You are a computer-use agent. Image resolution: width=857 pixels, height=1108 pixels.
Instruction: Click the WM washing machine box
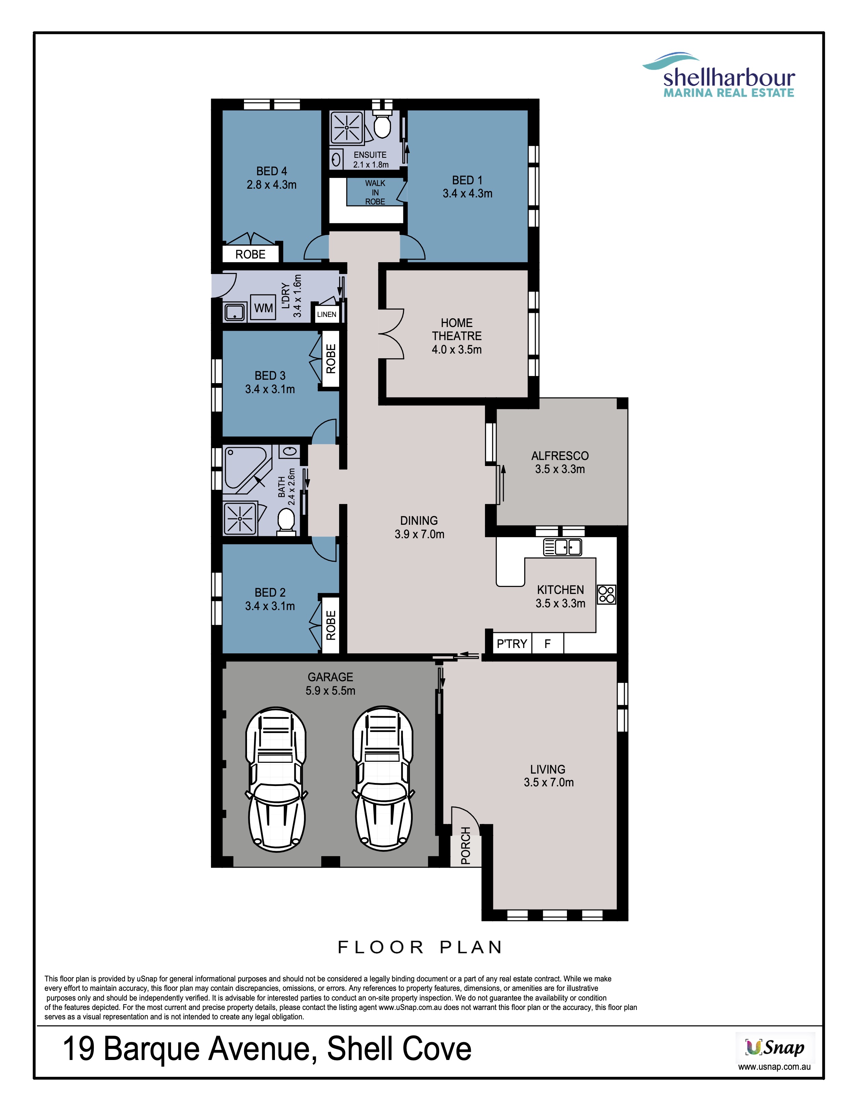(263, 308)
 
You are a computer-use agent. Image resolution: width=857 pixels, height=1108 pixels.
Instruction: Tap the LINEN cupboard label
(326, 315)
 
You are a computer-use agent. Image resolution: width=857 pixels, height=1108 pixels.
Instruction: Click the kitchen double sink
(563, 547)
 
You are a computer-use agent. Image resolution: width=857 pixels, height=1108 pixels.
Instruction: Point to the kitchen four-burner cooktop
(606, 594)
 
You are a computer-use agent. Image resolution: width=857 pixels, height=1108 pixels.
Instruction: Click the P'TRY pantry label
(512, 644)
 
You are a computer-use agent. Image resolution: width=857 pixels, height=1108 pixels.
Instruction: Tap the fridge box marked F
(547, 643)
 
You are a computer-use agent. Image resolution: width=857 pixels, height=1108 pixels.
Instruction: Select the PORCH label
(465, 846)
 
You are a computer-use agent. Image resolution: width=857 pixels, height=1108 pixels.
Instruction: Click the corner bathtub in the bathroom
(247, 469)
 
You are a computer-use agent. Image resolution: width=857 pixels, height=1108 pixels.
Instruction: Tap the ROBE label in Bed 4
(250, 254)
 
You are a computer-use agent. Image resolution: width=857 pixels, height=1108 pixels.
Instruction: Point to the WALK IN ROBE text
(375, 192)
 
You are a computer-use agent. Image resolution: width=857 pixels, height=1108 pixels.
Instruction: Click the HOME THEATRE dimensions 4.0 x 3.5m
(456, 350)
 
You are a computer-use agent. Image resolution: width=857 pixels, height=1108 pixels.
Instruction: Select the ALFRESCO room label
(560, 456)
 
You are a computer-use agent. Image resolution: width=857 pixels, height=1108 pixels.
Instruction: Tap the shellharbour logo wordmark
(729, 78)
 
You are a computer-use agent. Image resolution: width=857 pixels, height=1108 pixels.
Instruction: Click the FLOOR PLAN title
(420, 947)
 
